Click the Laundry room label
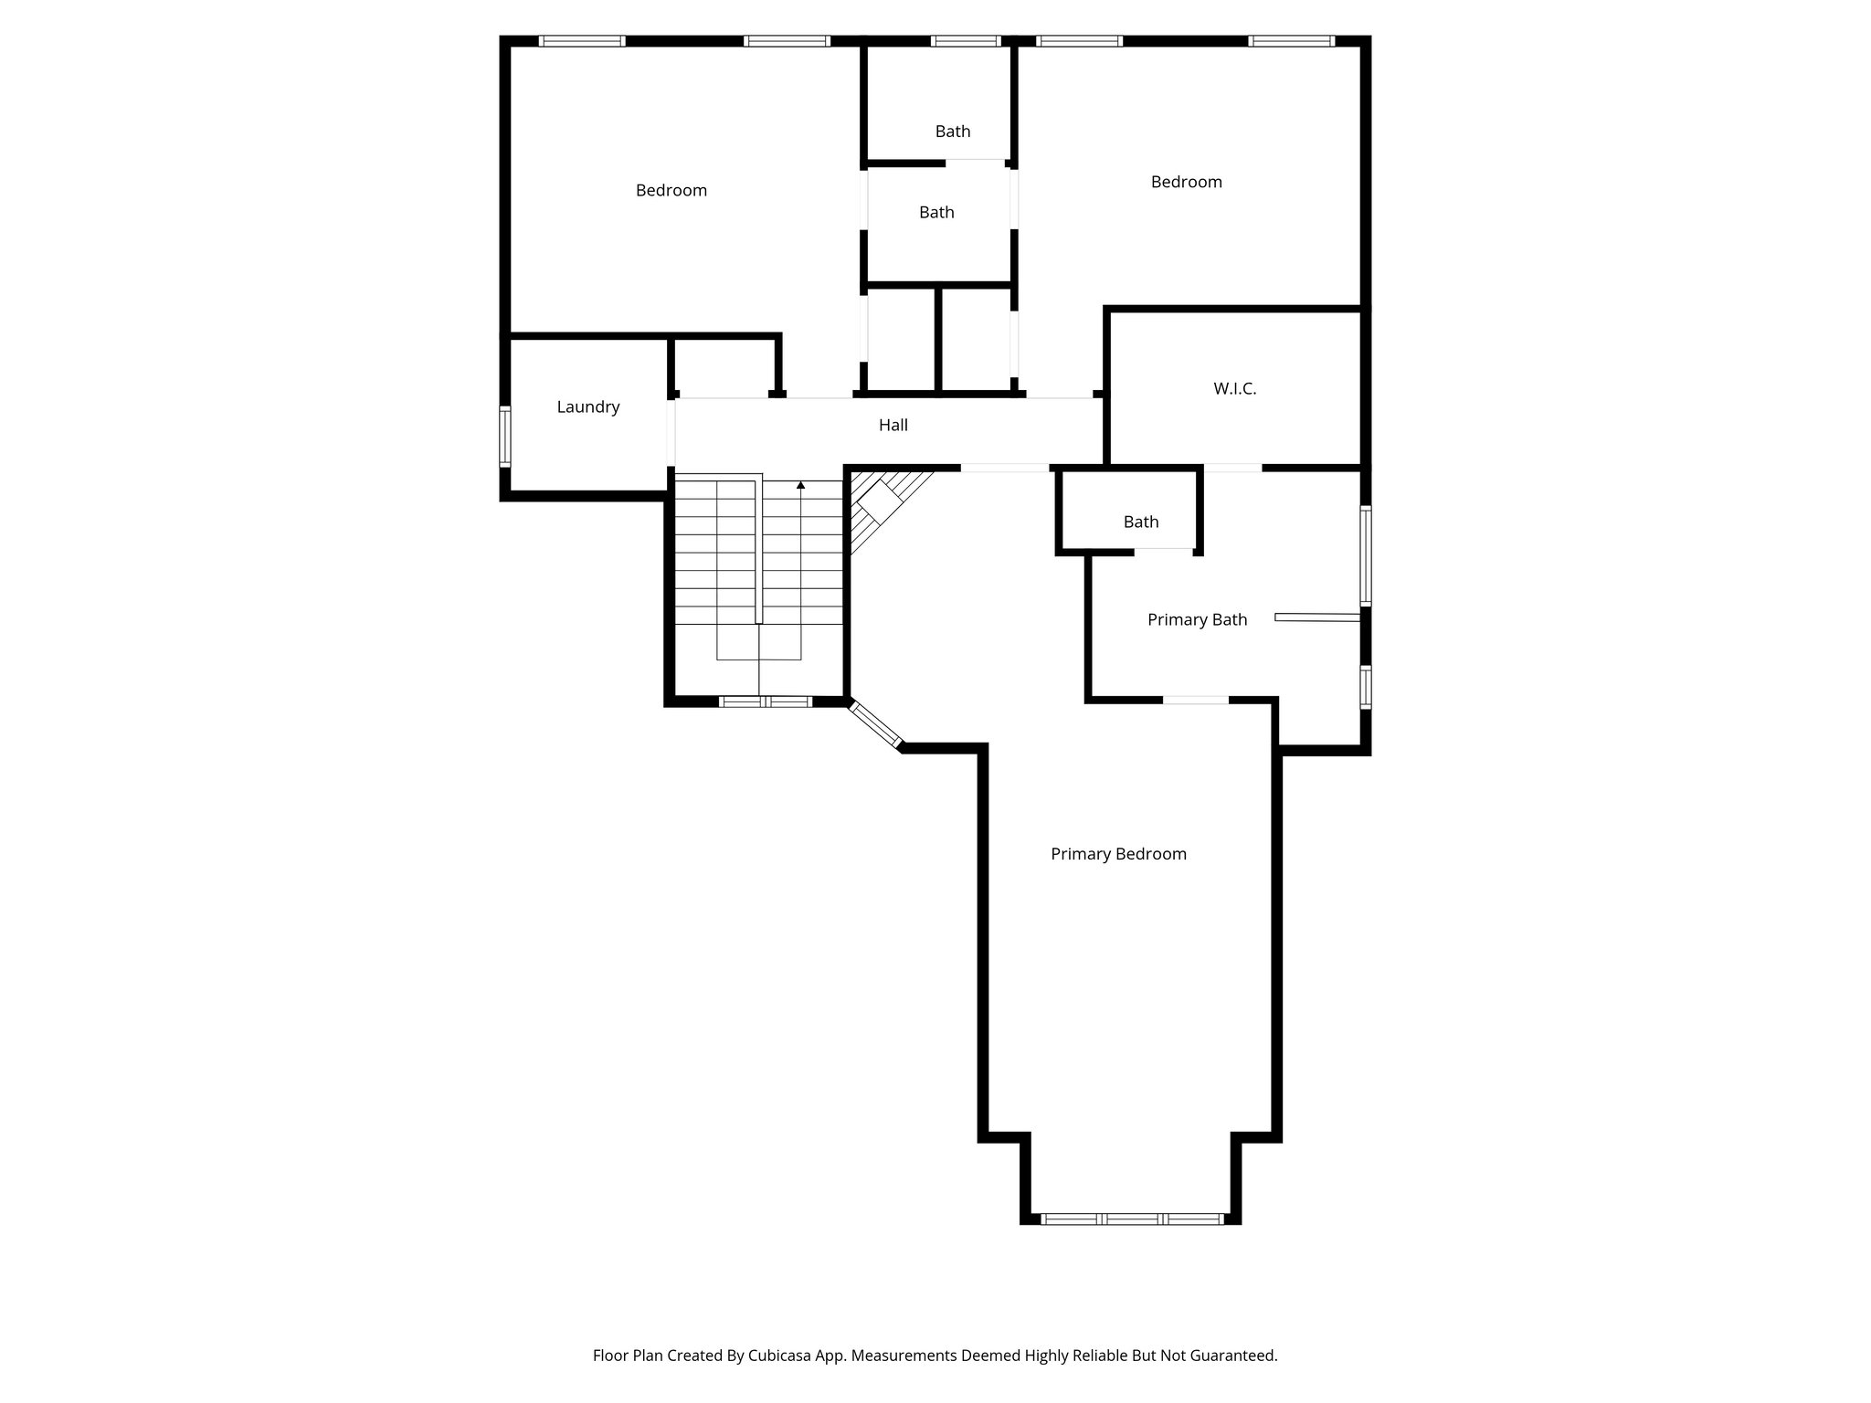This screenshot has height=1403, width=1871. coord(588,407)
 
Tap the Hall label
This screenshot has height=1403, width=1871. coord(893,425)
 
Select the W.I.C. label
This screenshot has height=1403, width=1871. coord(1234,389)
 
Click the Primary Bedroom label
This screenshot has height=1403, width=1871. coord(1118,854)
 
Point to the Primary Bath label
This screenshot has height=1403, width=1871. coord(1197,620)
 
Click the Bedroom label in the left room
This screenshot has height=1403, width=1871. coord(671,191)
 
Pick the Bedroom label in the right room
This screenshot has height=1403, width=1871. coord(1186,183)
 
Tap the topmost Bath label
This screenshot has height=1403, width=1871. coord(952,132)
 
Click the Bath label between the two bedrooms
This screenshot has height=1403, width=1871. coord(936,213)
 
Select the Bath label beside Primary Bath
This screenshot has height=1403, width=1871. coord(1140,522)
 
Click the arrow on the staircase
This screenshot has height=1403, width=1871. coord(801,486)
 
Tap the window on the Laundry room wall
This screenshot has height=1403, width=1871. coord(504,437)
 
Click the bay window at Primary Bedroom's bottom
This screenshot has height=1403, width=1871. coord(1132,1218)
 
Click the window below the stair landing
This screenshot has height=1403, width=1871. coord(765,701)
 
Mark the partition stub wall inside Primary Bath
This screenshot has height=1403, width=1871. coord(1316,618)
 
